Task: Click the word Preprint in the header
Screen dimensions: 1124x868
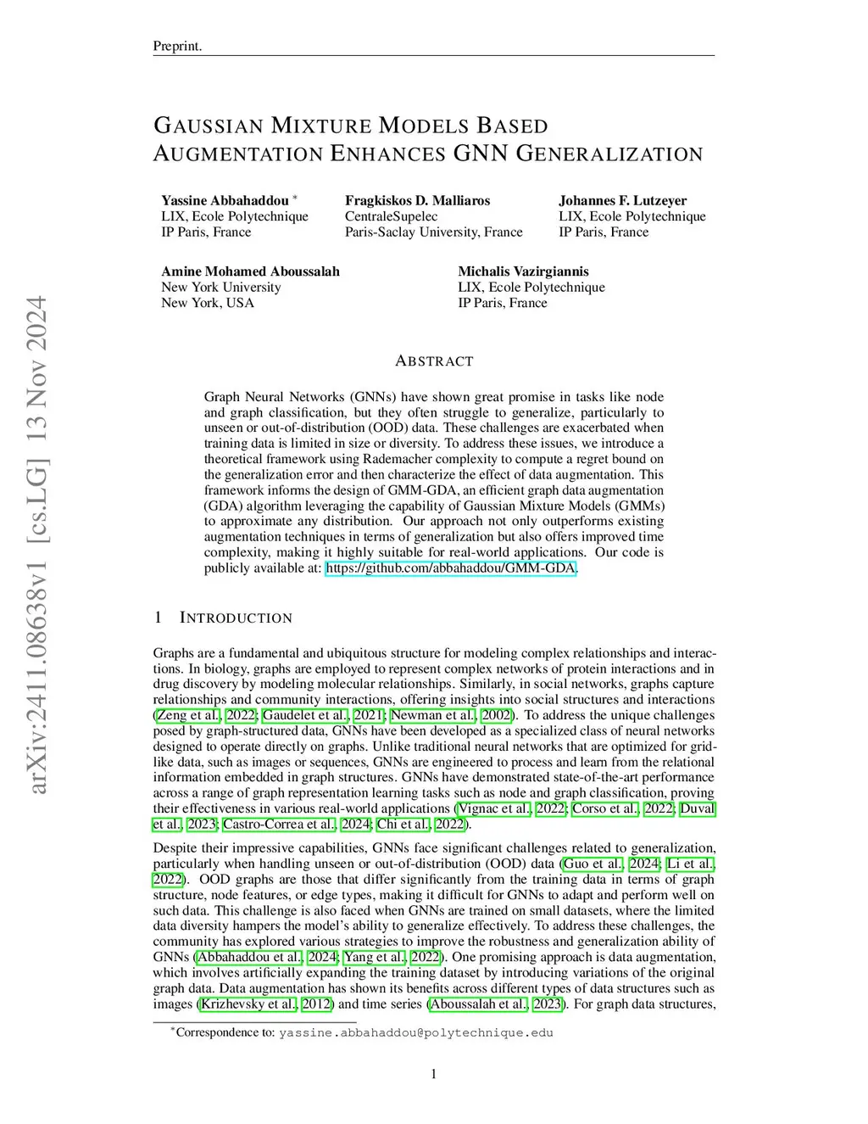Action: [x=176, y=46]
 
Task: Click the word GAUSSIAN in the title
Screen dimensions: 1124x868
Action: [x=209, y=126]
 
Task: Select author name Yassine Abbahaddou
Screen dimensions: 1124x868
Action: [x=225, y=201]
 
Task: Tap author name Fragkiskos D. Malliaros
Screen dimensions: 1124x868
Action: [x=417, y=201]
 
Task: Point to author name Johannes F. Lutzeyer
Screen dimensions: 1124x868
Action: [x=622, y=201]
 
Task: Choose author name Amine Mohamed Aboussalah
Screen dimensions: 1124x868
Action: [x=250, y=271]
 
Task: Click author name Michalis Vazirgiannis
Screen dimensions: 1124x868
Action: [x=523, y=271]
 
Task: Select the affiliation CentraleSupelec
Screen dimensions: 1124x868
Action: [x=391, y=216]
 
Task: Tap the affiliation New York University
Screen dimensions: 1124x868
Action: [x=220, y=287]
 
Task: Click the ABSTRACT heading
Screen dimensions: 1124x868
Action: [x=434, y=361]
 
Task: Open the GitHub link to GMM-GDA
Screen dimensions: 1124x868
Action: [x=451, y=568]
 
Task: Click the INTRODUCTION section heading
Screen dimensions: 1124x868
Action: [x=236, y=618]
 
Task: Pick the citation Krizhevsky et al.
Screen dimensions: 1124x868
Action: [x=248, y=1004]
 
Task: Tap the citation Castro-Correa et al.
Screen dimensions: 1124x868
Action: [x=279, y=825]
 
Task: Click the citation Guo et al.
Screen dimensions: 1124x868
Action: [x=593, y=864]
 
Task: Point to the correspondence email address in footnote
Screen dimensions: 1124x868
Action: [x=415, y=1033]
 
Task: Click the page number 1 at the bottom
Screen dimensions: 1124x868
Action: [x=434, y=1075]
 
